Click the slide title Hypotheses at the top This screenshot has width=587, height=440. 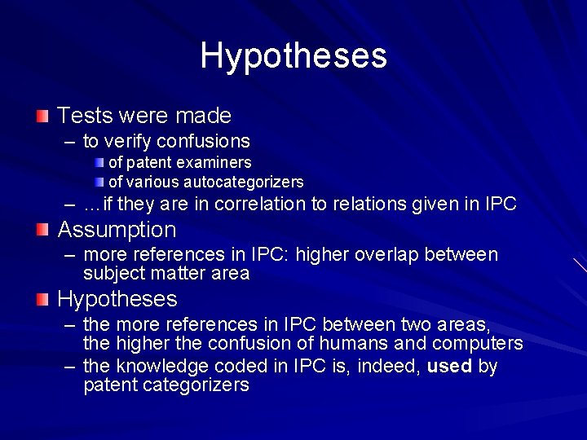click(x=293, y=56)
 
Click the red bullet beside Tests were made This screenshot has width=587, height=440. click(x=42, y=116)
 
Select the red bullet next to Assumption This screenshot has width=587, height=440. click(x=42, y=230)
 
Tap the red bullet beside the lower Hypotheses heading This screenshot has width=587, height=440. click(x=42, y=299)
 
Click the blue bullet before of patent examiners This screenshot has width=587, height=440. click(x=99, y=162)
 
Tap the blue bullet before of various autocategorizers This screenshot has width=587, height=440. click(x=99, y=181)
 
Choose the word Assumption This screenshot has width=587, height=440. click(x=117, y=230)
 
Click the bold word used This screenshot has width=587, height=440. click(x=449, y=367)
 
